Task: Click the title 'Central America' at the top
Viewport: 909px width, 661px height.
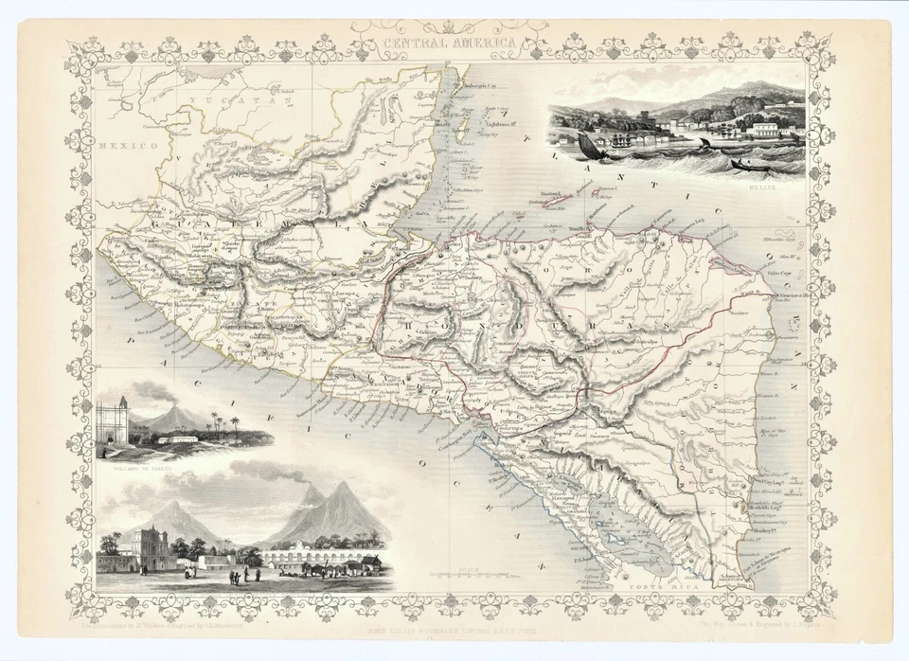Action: coord(450,44)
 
